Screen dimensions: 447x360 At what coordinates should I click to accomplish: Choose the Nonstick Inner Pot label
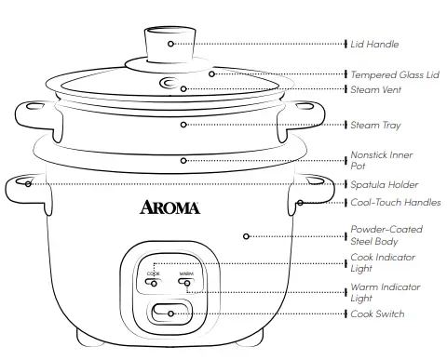(x=382, y=159)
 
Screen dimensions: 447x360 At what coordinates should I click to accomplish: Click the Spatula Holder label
(x=384, y=184)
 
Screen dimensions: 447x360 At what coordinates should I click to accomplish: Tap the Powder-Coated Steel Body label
(x=386, y=233)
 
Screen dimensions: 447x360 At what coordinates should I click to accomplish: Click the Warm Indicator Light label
(x=384, y=292)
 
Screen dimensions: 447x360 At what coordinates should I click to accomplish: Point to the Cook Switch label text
(x=377, y=314)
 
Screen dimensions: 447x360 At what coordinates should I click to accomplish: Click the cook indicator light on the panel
(x=154, y=283)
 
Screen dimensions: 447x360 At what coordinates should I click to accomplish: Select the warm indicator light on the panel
(x=185, y=283)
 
